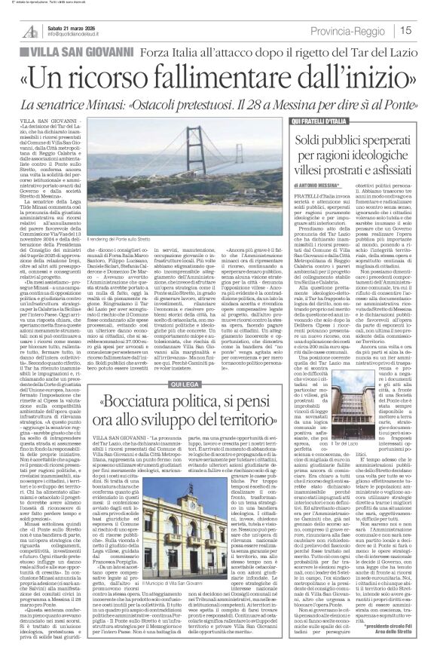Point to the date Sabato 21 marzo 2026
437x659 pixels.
point(71,26)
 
